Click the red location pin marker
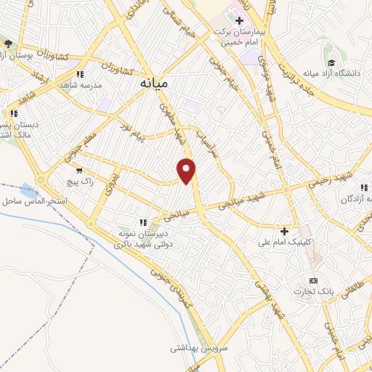[x=187, y=171]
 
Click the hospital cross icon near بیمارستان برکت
[x=238, y=20]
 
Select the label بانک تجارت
[x=308, y=292]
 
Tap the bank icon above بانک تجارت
[x=313, y=280]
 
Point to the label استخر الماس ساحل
[x=35, y=200]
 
